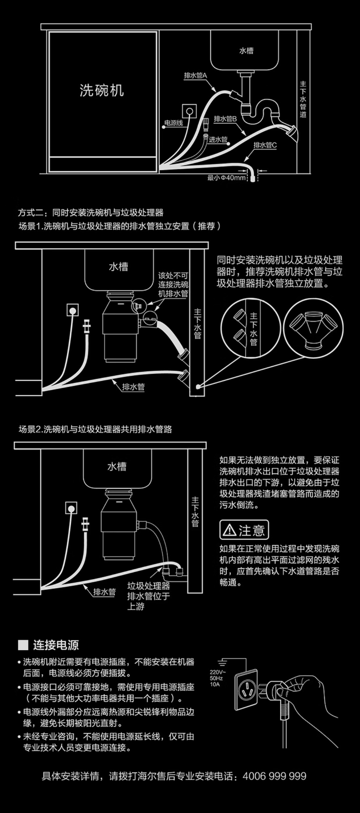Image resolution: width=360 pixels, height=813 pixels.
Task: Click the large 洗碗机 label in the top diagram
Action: (102, 90)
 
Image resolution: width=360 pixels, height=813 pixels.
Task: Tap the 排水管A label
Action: (195, 76)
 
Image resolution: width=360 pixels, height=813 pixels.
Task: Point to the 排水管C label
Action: (265, 145)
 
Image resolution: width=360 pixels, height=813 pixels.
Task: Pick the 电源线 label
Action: (173, 123)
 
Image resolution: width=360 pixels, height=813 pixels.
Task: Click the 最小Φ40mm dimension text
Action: (226, 178)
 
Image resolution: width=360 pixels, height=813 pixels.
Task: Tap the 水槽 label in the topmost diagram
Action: (246, 51)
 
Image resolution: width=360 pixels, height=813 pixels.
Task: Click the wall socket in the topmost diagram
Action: (189, 111)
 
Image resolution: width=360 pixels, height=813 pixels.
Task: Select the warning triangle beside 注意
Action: (229, 531)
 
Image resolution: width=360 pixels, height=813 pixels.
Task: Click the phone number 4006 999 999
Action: (275, 776)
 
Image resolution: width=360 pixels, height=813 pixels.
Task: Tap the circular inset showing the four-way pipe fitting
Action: (313, 328)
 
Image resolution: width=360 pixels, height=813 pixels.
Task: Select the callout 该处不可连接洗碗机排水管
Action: (173, 285)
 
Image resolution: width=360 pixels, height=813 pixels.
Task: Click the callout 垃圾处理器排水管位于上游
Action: (148, 596)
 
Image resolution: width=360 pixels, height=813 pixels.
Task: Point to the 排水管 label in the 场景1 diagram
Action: (133, 387)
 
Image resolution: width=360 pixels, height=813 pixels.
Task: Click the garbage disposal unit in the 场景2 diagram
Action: (118, 526)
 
